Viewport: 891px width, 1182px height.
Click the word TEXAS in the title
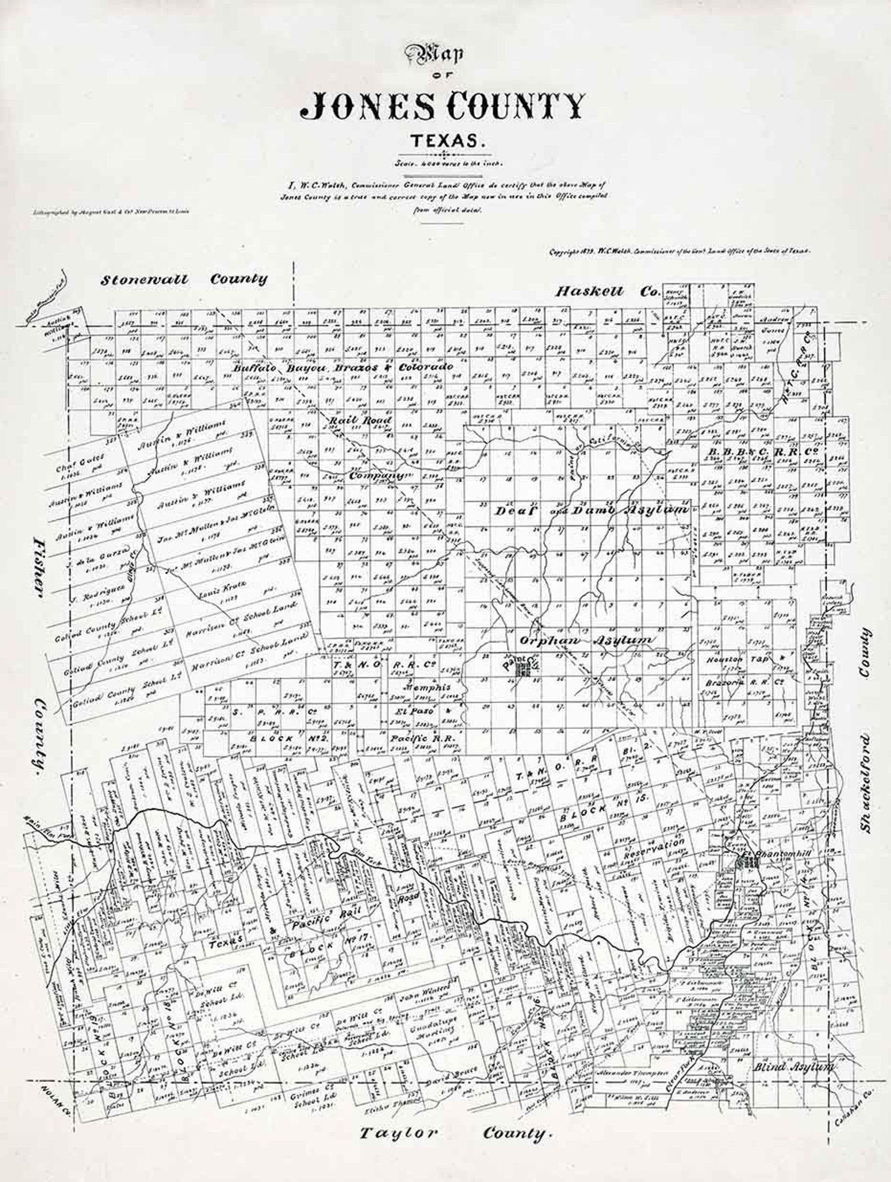447,140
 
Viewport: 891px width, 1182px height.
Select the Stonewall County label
183,279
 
